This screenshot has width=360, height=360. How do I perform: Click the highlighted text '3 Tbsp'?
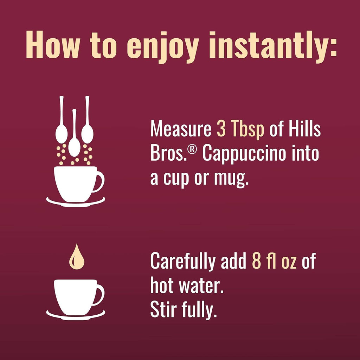pyautogui.click(x=240, y=130)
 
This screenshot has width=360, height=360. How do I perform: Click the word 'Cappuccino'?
pyautogui.click(x=244, y=155)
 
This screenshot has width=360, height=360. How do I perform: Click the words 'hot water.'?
pyautogui.click(x=187, y=287)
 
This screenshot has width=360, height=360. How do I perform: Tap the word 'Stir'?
pyautogui.click(x=163, y=311)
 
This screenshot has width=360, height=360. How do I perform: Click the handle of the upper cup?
pyautogui.click(x=99, y=181)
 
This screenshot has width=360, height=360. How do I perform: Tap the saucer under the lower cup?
pyautogui.click(x=76, y=315)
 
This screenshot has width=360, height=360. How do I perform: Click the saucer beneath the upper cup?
pyautogui.click(x=76, y=202)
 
